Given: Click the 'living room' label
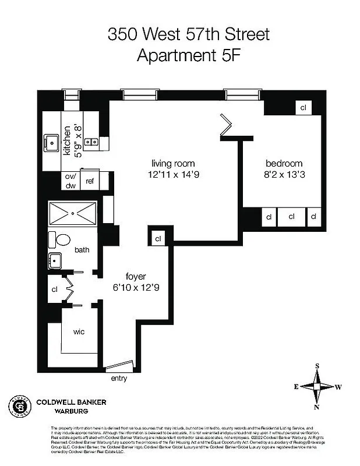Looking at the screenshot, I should point(173,164).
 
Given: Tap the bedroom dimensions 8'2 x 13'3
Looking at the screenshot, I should point(284,174).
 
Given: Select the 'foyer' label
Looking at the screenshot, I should point(136,276).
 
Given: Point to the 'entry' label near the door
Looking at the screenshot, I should point(119,379).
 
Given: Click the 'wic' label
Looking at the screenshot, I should point(79,331).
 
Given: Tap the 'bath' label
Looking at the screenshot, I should point(82,250).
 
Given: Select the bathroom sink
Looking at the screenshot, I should point(56,260).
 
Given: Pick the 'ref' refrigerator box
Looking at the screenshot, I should point(90,181).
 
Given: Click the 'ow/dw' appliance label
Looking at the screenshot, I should point(70,181).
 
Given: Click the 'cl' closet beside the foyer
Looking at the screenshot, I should point(158,238).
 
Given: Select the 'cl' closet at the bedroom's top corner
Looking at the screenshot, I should point(303,108).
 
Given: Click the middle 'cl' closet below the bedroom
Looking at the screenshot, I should point(291,217).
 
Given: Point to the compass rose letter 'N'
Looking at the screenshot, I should point(317,407).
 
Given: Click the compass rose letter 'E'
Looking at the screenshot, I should point(296,386).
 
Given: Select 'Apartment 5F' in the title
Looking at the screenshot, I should point(189,55).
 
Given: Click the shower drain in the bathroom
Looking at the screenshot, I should point(72,213).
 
